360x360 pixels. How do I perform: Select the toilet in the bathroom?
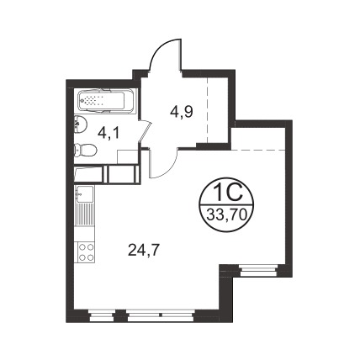(x=85, y=150)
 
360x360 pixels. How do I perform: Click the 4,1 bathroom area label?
(x=109, y=133)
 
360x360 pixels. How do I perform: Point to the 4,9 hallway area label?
(x=182, y=112)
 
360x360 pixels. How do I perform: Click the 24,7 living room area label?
(x=144, y=250)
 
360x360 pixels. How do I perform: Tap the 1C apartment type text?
(x=227, y=193)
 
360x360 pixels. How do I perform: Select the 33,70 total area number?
(x=226, y=215)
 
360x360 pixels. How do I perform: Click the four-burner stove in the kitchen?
(x=86, y=252)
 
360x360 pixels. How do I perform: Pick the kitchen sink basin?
(x=85, y=194)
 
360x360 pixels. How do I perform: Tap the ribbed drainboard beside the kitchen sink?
(x=85, y=214)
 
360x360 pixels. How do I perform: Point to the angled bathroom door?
(x=146, y=132)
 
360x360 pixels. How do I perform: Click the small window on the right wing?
(x=258, y=271)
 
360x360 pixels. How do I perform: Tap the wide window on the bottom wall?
(x=161, y=315)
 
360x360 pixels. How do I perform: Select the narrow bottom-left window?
(x=103, y=315)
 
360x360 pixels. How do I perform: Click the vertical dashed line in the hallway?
(x=208, y=110)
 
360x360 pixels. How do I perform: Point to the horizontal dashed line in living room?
(x=258, y=151)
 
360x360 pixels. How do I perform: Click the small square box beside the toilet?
(x=128, y=156)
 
